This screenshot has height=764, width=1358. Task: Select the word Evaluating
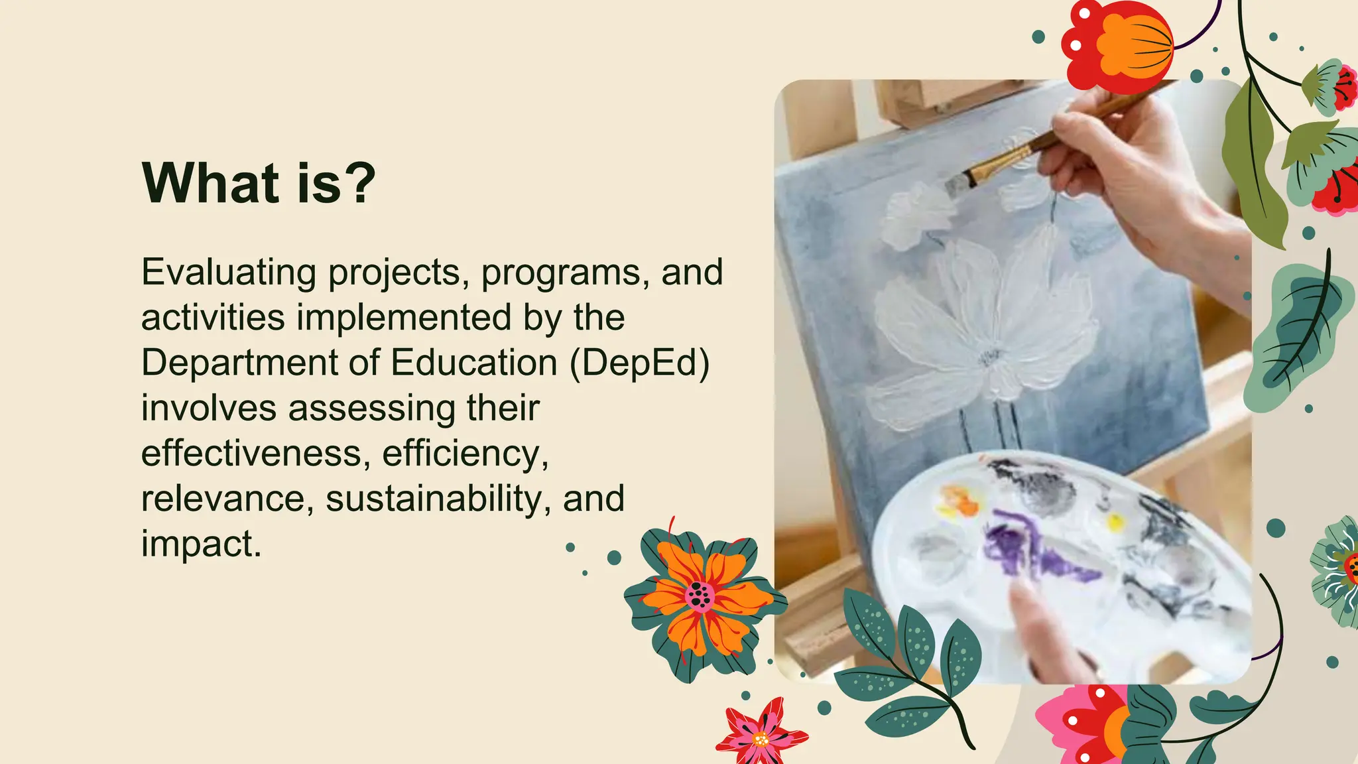click(229, 273)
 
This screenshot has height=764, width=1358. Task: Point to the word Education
click(473, 363)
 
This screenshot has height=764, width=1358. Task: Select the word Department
click(240, 363)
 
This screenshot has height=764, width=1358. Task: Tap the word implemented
click(403, 318)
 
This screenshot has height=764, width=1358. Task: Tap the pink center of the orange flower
click(699, 595)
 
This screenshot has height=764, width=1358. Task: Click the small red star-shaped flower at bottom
click(761, 734)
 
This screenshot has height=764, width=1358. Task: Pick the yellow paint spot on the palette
click(1116, 523)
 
